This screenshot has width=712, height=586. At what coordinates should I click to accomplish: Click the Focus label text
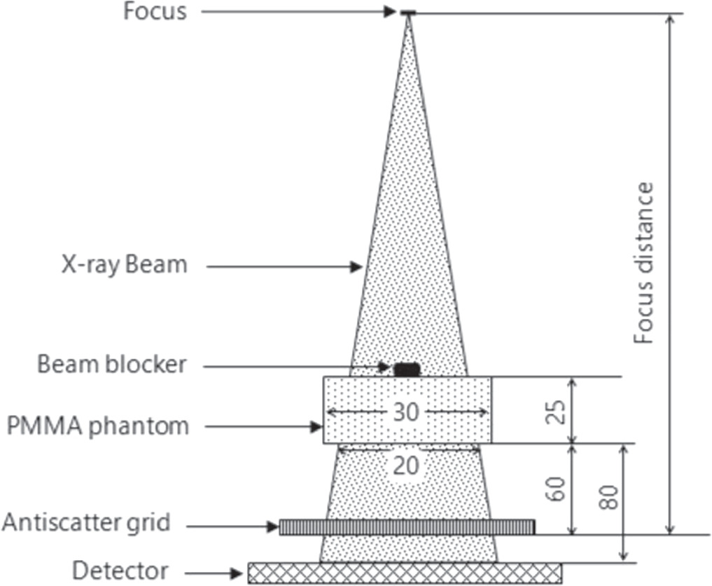pos(155,12)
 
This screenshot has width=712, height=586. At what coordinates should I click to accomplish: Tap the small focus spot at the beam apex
pos(407,13)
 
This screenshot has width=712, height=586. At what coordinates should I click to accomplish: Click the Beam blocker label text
pos(113,365)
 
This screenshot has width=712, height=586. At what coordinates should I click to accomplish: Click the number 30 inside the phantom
pos(406,412)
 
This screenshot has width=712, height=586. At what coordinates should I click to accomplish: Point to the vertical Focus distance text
pos(644,263)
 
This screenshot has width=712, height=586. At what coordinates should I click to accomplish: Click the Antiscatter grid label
pos(86,523)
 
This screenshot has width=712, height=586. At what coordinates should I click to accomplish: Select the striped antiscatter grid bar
pos(407,527)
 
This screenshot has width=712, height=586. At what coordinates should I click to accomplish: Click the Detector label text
pos(120,571)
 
